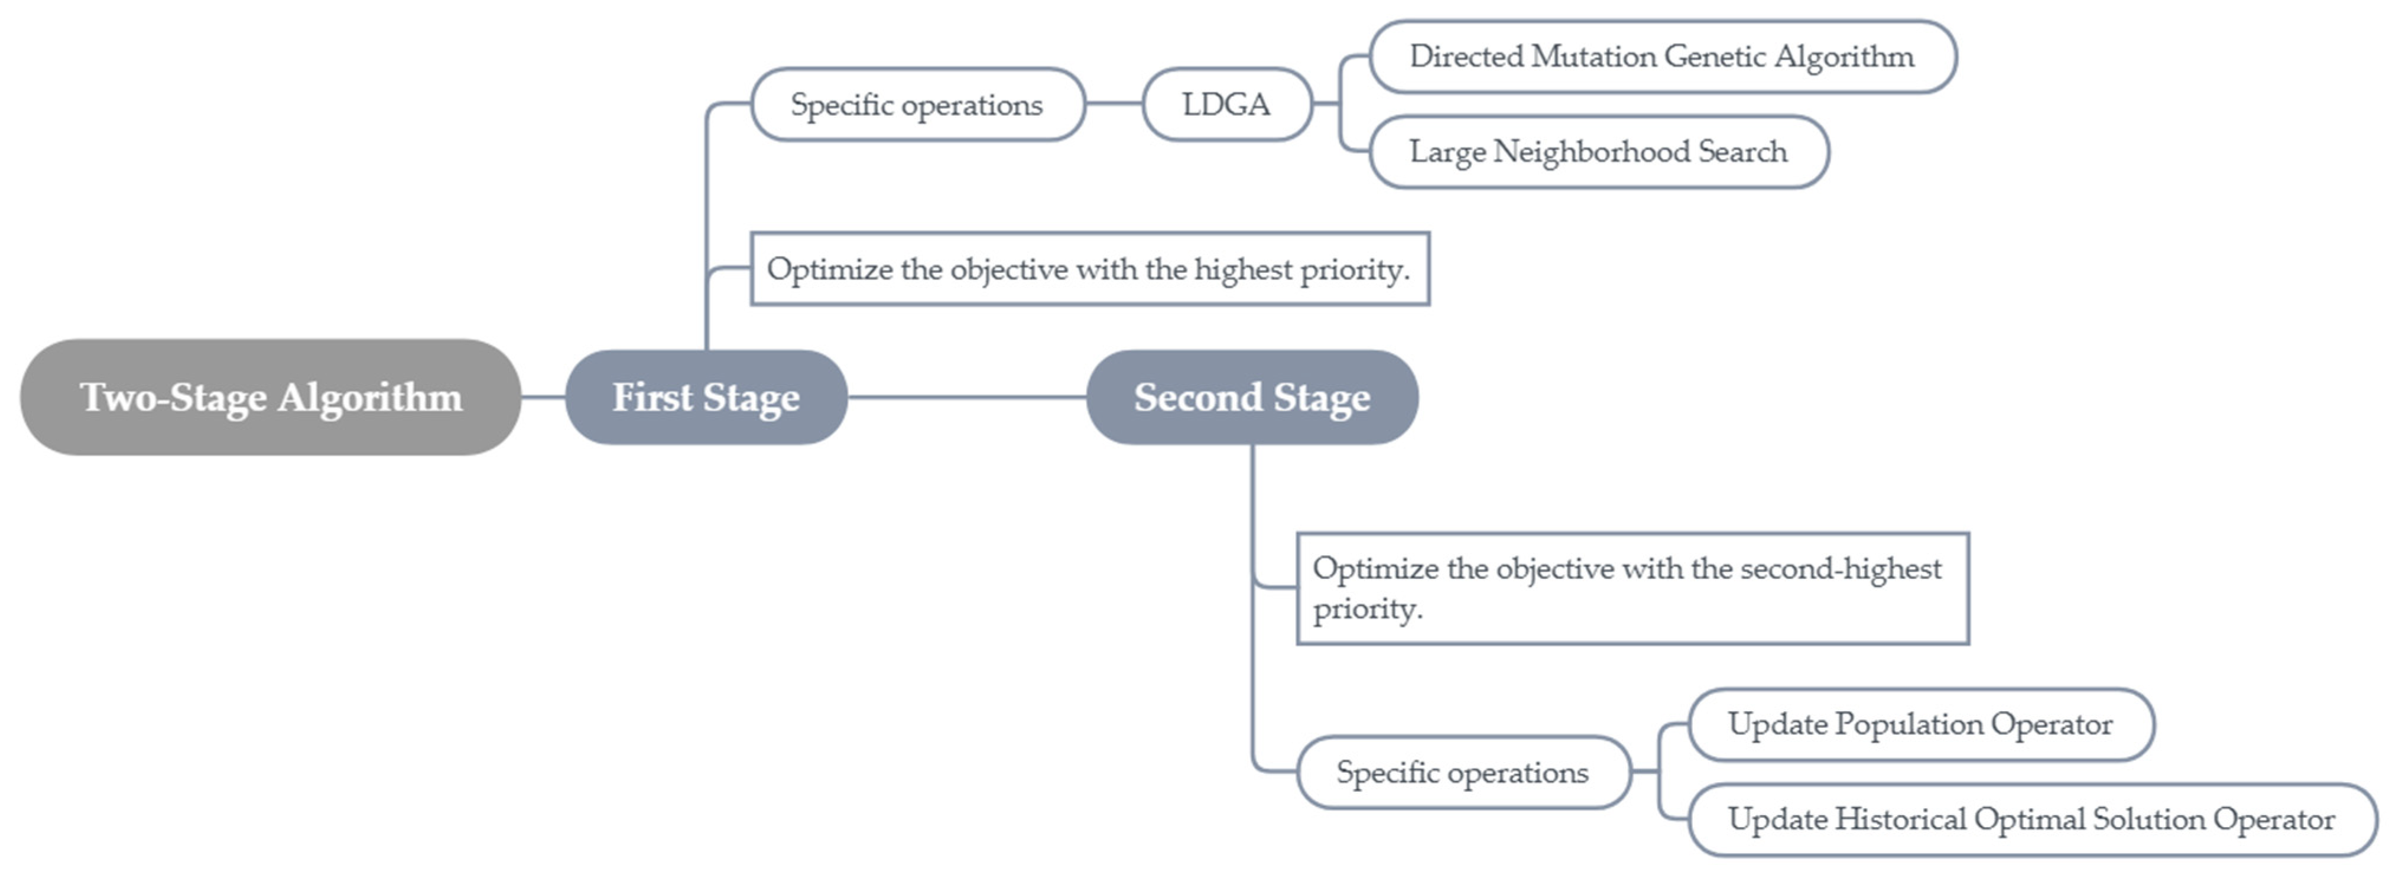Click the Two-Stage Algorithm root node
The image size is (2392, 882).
(270, 398)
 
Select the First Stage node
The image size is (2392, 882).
(706, 398)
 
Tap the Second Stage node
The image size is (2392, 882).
(1252, 398)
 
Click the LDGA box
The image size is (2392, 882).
(1226, 104)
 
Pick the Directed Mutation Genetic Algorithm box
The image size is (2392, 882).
(1662, 57)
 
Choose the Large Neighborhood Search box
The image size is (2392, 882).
(1598, 151)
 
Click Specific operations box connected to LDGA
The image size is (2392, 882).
(917, 104)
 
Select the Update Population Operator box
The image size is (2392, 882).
(1920, 724)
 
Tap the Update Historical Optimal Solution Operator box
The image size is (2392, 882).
(2031, 819)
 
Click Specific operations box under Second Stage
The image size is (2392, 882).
(1462, 773)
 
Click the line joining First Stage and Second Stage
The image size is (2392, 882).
(966, 398)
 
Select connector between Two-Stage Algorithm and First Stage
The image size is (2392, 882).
(543, 398)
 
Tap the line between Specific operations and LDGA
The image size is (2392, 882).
(1114, 104)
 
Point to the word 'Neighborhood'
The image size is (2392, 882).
(1591, 151)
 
